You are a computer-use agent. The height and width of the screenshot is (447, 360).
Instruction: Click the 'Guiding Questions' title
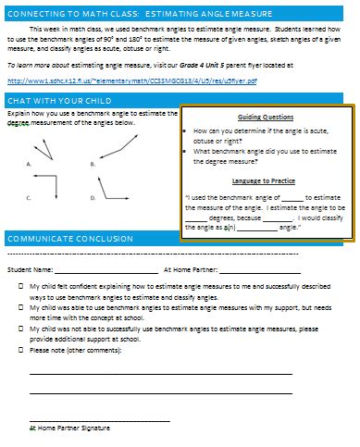tap(266, 118)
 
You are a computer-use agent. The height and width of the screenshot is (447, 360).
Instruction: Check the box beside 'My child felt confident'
tap(20, 288)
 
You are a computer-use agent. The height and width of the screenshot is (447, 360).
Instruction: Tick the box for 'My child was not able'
tap(20, 329)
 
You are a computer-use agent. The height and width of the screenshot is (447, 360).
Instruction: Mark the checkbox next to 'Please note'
tap(20, 351)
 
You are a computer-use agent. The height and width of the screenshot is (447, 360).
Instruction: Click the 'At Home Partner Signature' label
tap(70, 429)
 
